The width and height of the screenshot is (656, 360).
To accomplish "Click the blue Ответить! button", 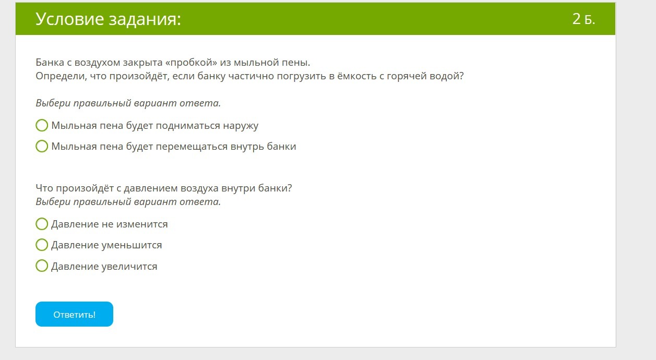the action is tap(74, 314).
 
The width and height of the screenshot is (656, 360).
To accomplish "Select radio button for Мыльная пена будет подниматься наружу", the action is tap(42, 125).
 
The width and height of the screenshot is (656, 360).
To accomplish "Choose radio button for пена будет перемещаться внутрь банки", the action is tap(42, 146).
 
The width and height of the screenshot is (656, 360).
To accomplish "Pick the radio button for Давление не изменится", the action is tap(42, 224).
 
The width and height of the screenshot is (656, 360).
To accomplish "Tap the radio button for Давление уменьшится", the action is tap(42, 245).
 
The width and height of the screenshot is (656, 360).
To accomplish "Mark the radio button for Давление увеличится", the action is tap(42, 266).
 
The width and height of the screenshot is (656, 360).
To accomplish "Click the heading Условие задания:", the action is tap(109, 19).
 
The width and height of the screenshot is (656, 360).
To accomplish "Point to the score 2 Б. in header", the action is tap(583, 19).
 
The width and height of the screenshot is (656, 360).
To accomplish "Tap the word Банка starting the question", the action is tap(50, 62).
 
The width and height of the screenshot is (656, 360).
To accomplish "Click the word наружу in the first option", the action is tap(241, 126).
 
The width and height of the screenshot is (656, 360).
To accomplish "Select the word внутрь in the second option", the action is tap(247, 146).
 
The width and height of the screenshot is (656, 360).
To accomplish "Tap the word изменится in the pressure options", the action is tap(142, 224).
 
